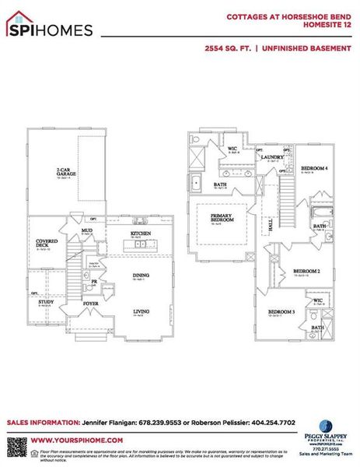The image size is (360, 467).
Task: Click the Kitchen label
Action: coord(140,234)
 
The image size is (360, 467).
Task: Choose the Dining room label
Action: coord(141,275)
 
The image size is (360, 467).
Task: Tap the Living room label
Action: coord(141,312)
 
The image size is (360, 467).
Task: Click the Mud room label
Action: coord(87,231)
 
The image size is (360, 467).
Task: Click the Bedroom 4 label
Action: coord(314,168)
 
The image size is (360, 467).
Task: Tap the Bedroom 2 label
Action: coord(306,272)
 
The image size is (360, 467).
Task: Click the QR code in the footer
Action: coord(16,447)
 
